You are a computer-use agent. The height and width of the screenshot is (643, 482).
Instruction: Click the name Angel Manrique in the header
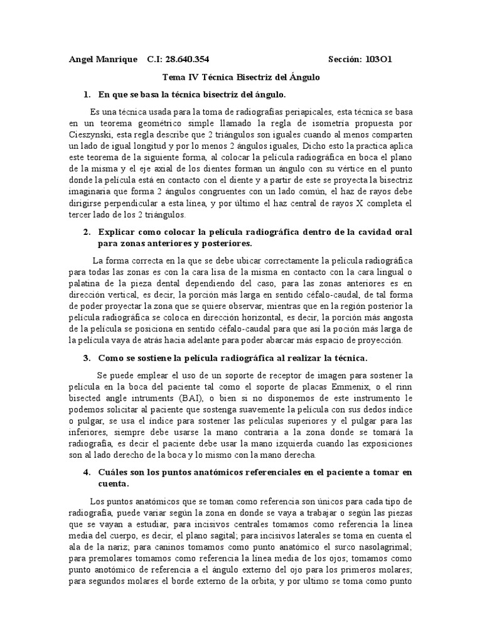pos(102,60)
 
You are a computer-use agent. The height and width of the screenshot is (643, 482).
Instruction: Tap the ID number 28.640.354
pos(187,60)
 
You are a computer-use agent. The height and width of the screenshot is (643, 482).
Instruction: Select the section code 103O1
pos(378,60)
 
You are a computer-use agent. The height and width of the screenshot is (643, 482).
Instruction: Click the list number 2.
pos(87,232)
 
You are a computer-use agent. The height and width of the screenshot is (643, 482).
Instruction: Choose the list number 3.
pos(87,359)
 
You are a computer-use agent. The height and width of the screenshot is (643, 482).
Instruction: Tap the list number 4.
pos(87,472)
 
